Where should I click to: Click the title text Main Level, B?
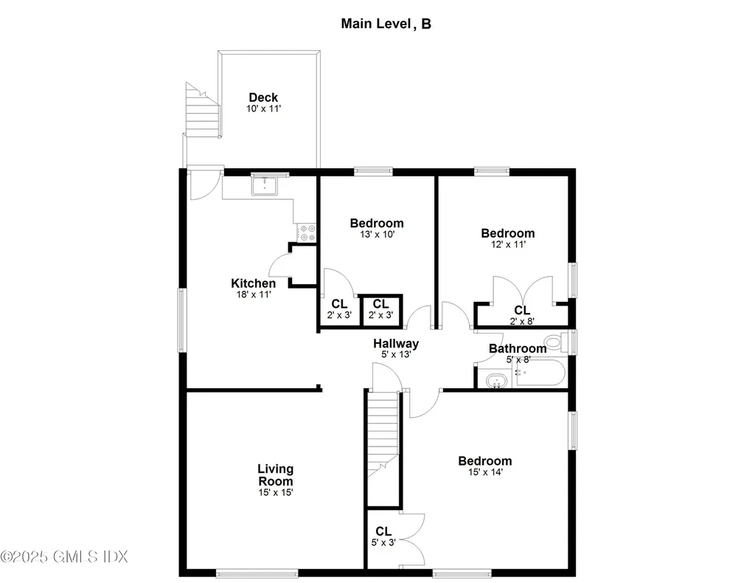(386, 24)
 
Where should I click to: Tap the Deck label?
(263, 97)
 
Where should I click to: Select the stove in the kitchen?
(307, 233)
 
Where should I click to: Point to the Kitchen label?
(253, 283)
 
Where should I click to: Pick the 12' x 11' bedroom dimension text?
(505, 244)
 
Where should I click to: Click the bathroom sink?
(497, 382)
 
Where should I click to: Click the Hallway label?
(396, 343)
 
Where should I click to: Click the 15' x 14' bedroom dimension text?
(484, 472)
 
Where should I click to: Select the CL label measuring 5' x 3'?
(383, 531)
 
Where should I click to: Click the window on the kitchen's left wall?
(181, 319)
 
